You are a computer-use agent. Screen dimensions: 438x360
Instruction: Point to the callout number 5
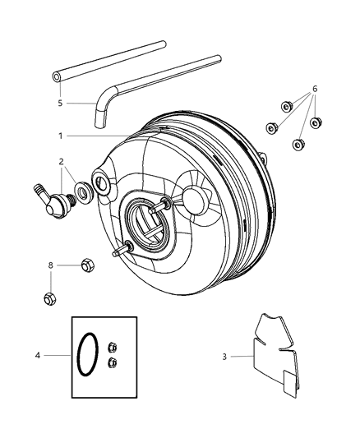tap(60, 104)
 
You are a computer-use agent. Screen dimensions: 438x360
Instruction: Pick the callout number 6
tap(315, 89)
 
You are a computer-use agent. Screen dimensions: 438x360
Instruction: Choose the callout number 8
tap(51, 265)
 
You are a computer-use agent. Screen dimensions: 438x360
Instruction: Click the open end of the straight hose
tap(57, 76)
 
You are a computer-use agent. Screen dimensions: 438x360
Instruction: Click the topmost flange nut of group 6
tap(287, 105)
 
